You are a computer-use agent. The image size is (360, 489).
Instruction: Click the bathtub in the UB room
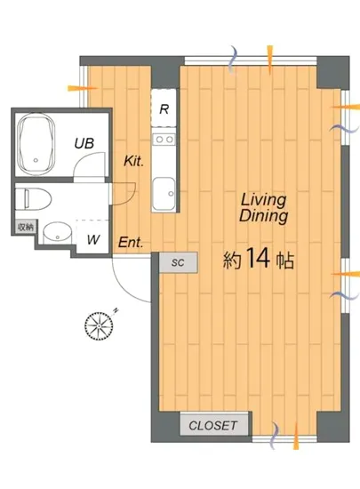(x=36, y=144)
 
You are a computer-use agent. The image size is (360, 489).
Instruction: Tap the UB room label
(x=84, y=143)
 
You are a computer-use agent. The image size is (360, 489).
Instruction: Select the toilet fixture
(x=34, y=198)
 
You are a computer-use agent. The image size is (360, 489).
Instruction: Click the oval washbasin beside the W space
(x=57, y=233)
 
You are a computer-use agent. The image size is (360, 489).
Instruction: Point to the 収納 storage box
(x=25, y=227)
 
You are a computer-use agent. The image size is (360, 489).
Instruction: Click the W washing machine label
(x=93, y=240)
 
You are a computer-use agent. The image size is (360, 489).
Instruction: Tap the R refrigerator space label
(x=164, y=109)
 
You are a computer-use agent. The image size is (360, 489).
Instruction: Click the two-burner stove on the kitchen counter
(x=164, y=139)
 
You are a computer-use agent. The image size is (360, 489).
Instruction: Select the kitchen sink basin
(x=164, y=194)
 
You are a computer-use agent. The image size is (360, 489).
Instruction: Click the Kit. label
(x=134, y=161)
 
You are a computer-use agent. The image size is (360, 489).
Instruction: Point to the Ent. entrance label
(x=132, y=243)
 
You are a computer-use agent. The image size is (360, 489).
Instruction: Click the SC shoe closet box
(x=179, y=262)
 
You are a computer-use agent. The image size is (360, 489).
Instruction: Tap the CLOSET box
(x=214, y=425)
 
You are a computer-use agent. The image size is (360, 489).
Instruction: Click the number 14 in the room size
(x=258, y=258)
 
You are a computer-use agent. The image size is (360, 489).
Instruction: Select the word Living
(x=264, y=200)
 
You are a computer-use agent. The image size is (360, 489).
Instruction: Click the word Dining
(x=264, y=216)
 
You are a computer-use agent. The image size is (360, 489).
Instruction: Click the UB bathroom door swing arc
(x=84, y=158)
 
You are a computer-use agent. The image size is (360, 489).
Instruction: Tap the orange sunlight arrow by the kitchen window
(x=83, y=88)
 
